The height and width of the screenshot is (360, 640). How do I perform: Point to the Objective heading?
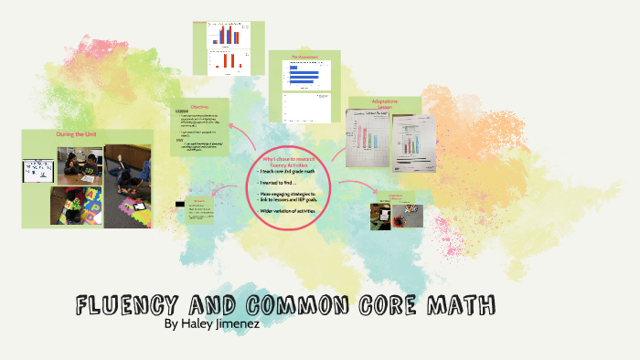click(x=199, y=107)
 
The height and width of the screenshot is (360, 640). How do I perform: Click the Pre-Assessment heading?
click(x=304, y=58)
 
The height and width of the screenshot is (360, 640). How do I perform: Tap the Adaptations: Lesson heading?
click(x=384, y=102)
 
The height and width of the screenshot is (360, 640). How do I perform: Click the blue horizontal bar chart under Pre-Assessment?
click(x=304, y=78)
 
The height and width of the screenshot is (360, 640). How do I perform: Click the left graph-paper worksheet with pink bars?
click(x=366, y=139)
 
